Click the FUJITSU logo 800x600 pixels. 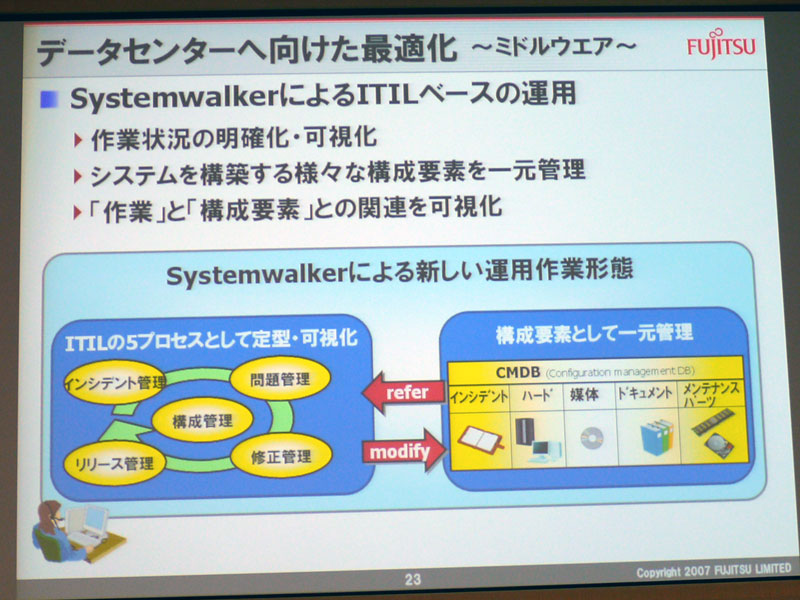tap(721, 44)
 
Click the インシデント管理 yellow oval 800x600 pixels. tap(115, 382)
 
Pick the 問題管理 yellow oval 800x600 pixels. tap(280, 379)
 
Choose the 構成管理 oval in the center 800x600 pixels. tap(203, 420)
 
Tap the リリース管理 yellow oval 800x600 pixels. tap(114, 463)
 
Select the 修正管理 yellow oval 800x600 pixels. tap(281, 456)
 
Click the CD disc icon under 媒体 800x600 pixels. tap(592, 438)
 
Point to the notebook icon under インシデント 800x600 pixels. tap(481, 439)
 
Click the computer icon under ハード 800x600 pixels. tap(537, 440)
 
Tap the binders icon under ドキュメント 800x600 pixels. tap(655, 437)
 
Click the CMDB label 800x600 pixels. tap(518, 372)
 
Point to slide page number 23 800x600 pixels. tap(413, 579)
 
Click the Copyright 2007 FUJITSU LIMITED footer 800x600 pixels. tap(714, 570)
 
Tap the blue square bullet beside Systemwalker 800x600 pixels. tap(49, 98)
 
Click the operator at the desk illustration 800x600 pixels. tap(77, 532)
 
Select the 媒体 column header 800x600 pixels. tap(584, 394)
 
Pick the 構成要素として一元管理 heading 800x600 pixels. tap(594, 333)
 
